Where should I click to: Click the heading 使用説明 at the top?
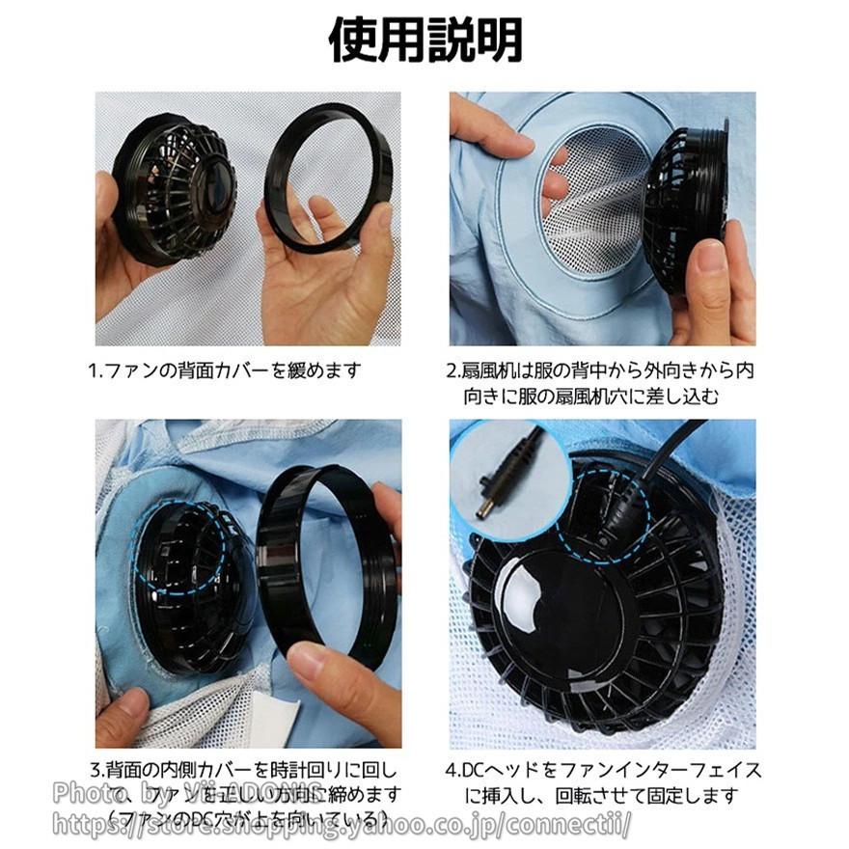pyautogui.click(x=424, y=41)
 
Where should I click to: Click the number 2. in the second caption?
pyautogui.click(x=452, y=370)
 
